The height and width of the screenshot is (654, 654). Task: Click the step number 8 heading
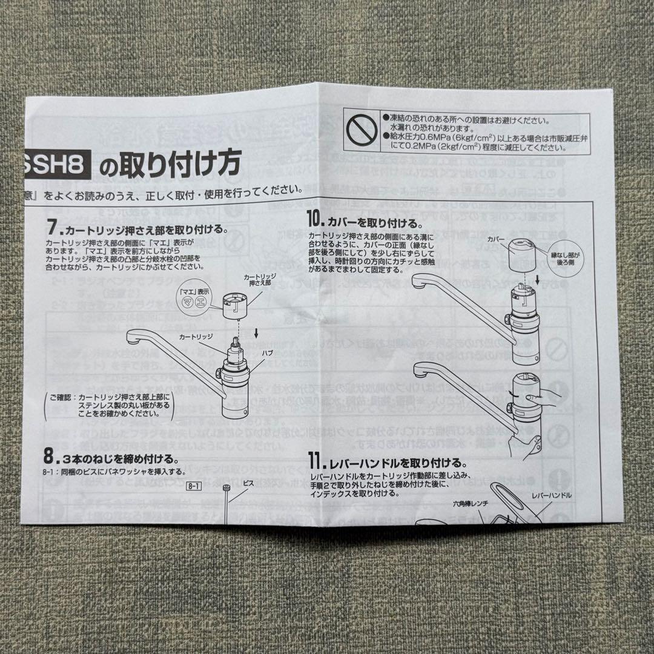coord(51,455)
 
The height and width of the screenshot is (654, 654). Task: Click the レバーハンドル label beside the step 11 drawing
coord(551,495)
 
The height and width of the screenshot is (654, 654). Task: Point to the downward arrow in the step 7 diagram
coord(257,331)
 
